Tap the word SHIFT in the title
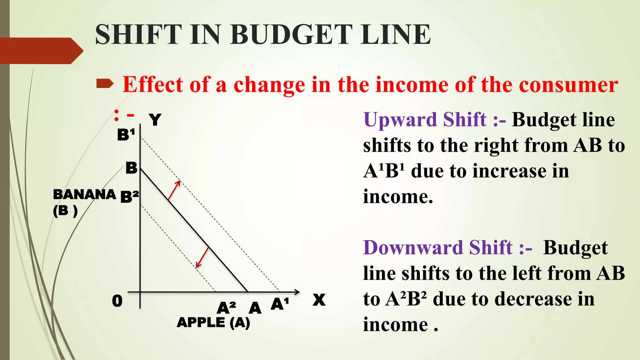tap(138, 34)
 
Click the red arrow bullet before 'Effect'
tap(105, 84)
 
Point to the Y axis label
tap(155, 120)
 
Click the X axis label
tap(319, 300)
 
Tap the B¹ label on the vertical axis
tap(126, 135)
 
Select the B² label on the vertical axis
tap(129, 197)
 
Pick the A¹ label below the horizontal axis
tap(280, 304)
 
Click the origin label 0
tap(117, 301)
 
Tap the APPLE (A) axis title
tap(213, 322)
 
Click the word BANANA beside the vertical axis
tap(84, 194)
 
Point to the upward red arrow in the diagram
tap(174, 190)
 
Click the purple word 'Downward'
tap(413, 248)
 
